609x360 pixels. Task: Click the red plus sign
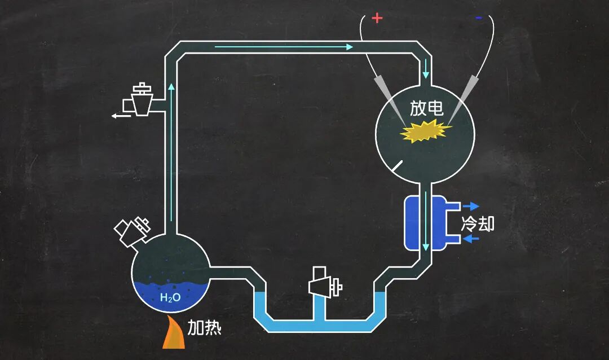click(x=377, y=18)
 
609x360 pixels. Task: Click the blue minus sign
click(x=479, y=18)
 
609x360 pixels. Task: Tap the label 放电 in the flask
click(x=426, y=109)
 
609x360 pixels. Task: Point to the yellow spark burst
click(x=426, y=133)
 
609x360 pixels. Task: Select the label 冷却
click(x=478, y=223)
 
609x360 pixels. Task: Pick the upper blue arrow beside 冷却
click(x=470, y=206)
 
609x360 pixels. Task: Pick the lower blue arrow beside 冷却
click(x=471, y=239)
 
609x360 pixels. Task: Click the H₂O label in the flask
click(x=170, y=297)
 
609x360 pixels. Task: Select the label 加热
click(x=204, y=327)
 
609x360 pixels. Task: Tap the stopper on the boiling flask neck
click(x=133, y=229)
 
